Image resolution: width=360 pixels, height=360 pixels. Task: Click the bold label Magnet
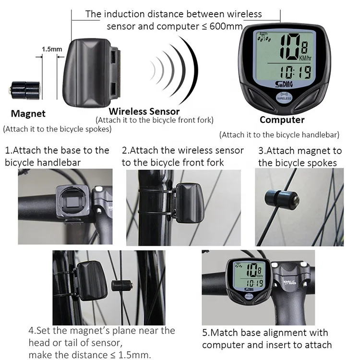pyautogui.click(x=28, y=114)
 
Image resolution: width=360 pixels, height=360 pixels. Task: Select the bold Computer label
pyautogui.click(x=282, y=120)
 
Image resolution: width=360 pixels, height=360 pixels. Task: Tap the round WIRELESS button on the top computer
pyautogui.click(x=283, y=96)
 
